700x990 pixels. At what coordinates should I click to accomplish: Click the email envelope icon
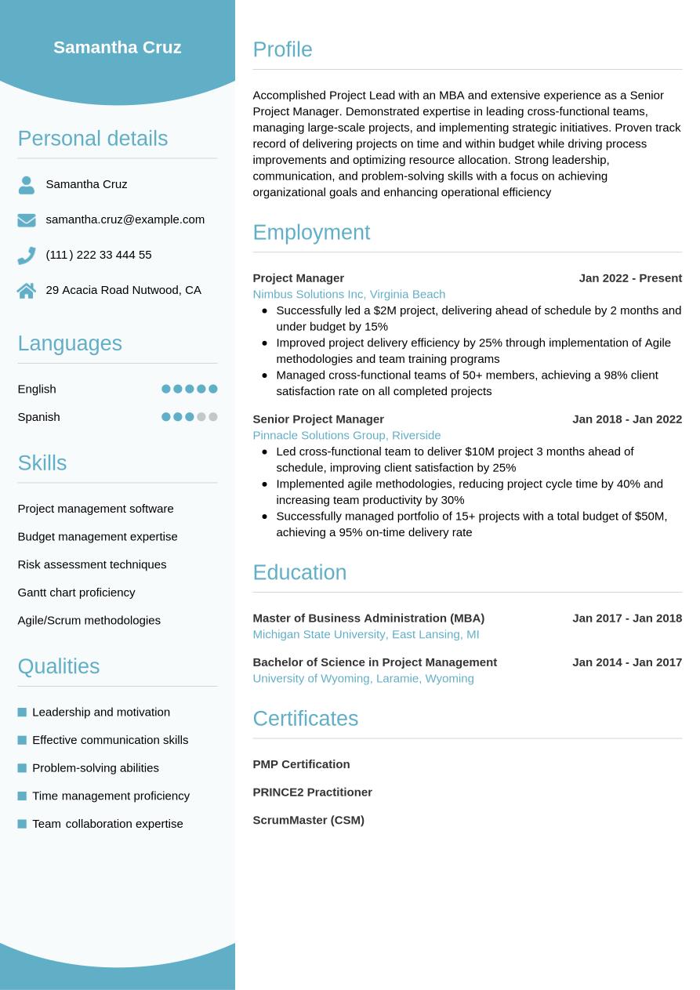tap(27, 220)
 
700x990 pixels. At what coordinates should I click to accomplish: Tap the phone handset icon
tap(27, 256)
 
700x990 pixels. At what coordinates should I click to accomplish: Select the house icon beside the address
tap(27, 291)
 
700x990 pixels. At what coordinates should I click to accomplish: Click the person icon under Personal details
tap(27, 185)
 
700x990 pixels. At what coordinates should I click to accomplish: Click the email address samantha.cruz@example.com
tap(125, 219)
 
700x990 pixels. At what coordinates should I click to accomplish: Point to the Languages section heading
tap(70, 343)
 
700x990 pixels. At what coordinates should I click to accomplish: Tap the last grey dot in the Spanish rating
tap(213, 417)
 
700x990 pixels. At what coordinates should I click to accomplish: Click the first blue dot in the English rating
tap(166, 389)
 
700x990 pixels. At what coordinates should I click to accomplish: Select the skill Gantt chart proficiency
tap(76, 593)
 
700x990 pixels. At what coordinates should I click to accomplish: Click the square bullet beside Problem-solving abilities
tap(22, 768)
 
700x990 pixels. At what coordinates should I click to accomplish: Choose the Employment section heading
tap(311, 233)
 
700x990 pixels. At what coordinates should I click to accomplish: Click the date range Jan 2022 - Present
tap(630, 278)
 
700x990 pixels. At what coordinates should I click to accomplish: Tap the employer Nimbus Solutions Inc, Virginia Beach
tap(349, 294)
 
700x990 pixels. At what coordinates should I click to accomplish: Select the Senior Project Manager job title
tap(318, 419)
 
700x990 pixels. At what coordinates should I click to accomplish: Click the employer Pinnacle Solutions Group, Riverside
tap(346, 435)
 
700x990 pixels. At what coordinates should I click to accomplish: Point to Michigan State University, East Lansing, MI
tap(366, 634)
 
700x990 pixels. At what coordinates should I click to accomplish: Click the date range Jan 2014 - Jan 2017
tap(627, 662)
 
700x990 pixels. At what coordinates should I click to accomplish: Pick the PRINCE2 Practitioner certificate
tap(312, 792)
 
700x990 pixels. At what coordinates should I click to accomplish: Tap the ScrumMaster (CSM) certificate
tap(308, 821)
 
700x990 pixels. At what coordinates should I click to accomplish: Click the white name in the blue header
tap(118, 48)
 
